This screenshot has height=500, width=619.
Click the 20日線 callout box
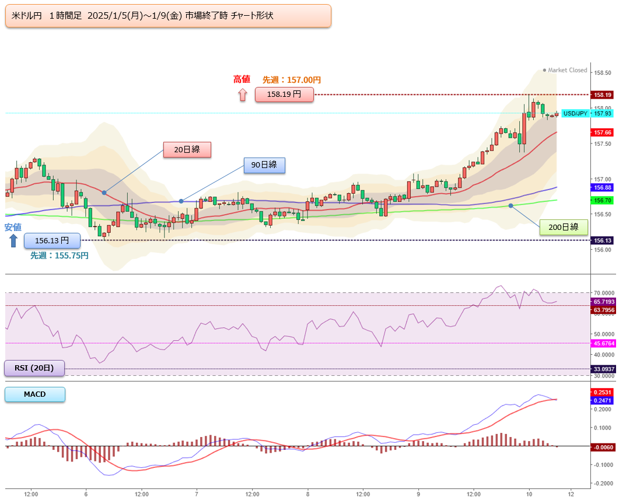coord(187,149)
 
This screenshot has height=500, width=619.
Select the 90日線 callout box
coord(264,165)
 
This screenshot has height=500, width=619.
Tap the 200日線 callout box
coord(564,227)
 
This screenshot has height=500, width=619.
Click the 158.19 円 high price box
coord(284,95)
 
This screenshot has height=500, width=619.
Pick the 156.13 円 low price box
coord(52,240)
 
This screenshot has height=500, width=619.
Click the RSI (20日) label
coord(34,368)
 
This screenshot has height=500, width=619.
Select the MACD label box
coord(35,394)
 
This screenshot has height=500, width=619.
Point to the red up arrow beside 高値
coord(243,95)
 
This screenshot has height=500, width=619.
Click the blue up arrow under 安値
coord(13,240)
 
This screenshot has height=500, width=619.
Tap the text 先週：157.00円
coord(292,80)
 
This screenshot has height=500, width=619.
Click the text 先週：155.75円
coord(60,256)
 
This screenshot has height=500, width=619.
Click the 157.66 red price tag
coord(602,132)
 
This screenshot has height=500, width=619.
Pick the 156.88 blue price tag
coord(602,187)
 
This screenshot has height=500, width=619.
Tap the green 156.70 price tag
coord(602,201)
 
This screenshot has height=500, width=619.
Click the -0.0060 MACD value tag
coord(602,447)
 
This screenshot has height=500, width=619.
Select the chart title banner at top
coord(168,16)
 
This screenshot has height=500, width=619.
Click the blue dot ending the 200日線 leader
coord(511,205)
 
